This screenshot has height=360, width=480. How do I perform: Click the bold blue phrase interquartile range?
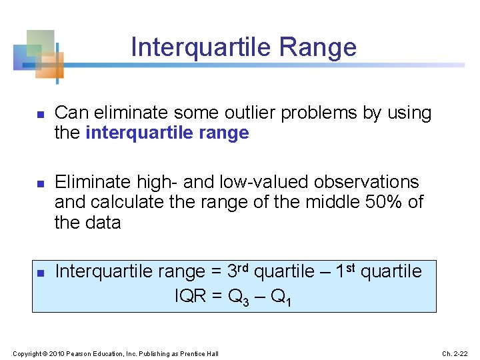tap(167, 133)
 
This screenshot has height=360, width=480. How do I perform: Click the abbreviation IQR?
tap(190, 297)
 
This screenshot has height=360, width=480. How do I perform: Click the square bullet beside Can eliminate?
tap(39, 115)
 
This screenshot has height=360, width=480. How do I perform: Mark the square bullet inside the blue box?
tap(39, 273)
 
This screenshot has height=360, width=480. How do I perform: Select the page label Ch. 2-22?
tap(455, 353)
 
